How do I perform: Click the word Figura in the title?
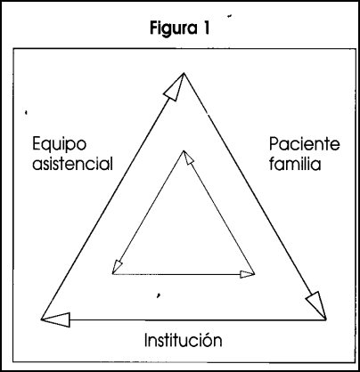(x=174, y=29)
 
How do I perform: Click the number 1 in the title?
(x=206, y=28)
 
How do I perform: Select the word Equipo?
(x=59, y=145)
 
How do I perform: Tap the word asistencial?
(x=72, y=163)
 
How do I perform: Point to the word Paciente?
(x=305, y=144)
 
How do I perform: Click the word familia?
(x=295, y=163)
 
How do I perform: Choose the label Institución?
(x=183, y=340)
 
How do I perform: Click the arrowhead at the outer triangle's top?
(x=176, y=87)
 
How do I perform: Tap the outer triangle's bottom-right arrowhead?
(x=316, y=304)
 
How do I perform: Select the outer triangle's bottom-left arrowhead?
(x=56, y=319)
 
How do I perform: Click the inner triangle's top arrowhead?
(x=188, y=158)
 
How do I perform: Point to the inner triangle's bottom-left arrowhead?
(x=117, y=267)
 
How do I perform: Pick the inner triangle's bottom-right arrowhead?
(x=247, y=274)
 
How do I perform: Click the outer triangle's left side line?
(x=113, y=196)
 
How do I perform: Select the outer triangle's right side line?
(x=256, y=196)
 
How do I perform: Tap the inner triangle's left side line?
(x=148, y=212)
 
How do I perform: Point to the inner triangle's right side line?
(x=219, y=212)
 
